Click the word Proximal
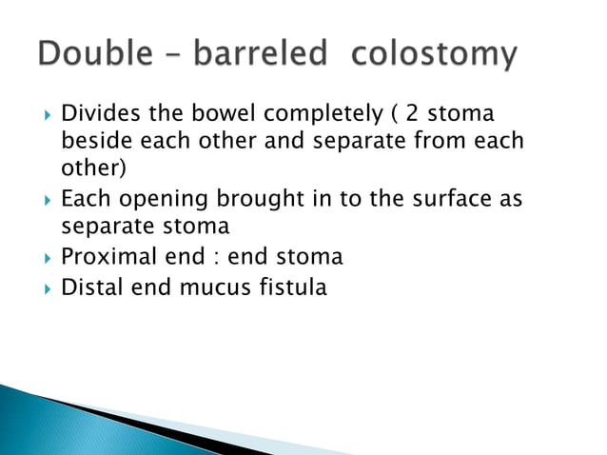click(x=101, y=257)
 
